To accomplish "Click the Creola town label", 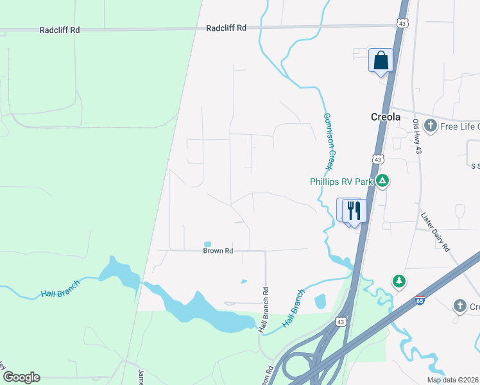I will click(x=386, y=117).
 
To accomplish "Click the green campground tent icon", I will click(x=382, y=181).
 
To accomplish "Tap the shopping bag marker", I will click(x=381, y=60).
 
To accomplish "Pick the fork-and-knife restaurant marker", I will click(x=354, y=210).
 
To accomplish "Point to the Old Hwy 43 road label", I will click(x=417, y=136).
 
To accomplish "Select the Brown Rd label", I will click(x=218, y=251).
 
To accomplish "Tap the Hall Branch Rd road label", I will click(x=263, y=309).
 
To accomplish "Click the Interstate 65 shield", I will click(x=420, y=299).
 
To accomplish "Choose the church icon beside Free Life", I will click(x=430, y=126).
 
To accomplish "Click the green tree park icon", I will click(x=399, y=281).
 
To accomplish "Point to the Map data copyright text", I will click(x=452, y=380).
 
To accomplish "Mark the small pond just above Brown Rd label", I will click(x=207, y=244).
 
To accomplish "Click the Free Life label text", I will click(x=459, y=126).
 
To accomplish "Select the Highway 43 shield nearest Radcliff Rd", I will click(x=402, y=24).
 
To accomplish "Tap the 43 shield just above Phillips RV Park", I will click(x=378, y=159).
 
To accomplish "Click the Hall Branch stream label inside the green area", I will click(x=60, y=288).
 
